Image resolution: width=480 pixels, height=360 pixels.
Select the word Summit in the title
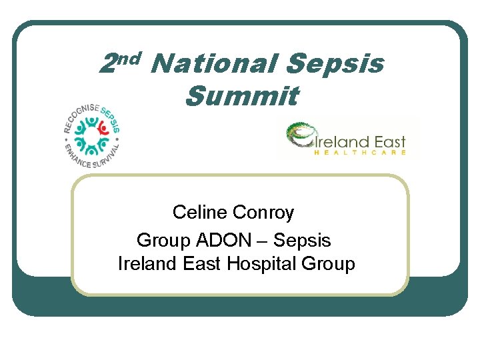click(241, 96)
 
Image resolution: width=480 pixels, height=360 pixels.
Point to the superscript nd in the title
click(131, 58)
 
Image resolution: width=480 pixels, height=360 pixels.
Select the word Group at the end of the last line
click(328, 264)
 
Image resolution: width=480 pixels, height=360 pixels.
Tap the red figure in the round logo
click(103, 127)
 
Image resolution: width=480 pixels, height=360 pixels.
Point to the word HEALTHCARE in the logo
click(359, 153)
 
